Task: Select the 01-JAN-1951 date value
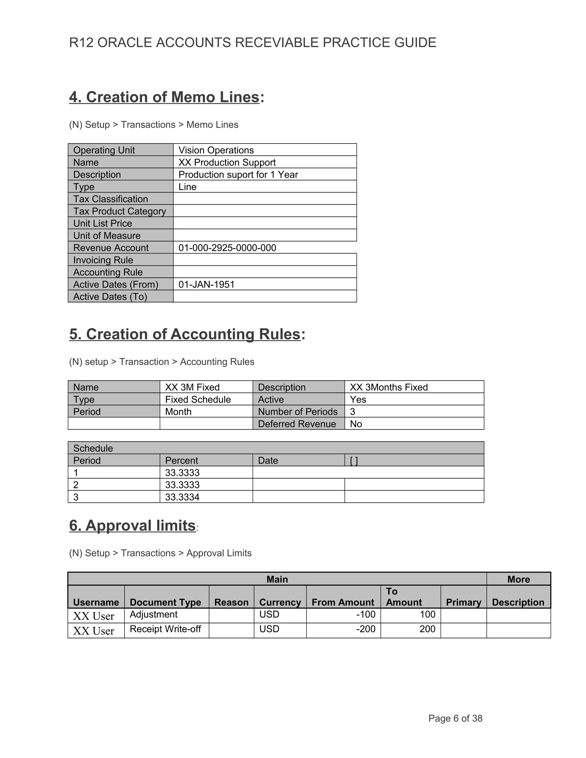pos(207,284)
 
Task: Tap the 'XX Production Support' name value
pos(227,162)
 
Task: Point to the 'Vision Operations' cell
pos(216,150)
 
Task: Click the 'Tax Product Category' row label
pos(119,211)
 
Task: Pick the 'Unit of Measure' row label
pos(107,236)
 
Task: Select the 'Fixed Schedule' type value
pos(198,400)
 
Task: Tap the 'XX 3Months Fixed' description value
pos(389,387)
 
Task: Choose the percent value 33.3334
pos(182,497)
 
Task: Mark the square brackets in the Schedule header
pos(354,461)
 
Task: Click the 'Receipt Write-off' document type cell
pos(165,629)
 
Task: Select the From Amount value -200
pos(366,629)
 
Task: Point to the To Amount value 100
pos(427,614)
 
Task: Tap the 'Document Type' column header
pos(165,602)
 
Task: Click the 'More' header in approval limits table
pos(518,579)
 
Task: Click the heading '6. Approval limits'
pos(132,525)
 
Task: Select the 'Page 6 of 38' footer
pos(455,719)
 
